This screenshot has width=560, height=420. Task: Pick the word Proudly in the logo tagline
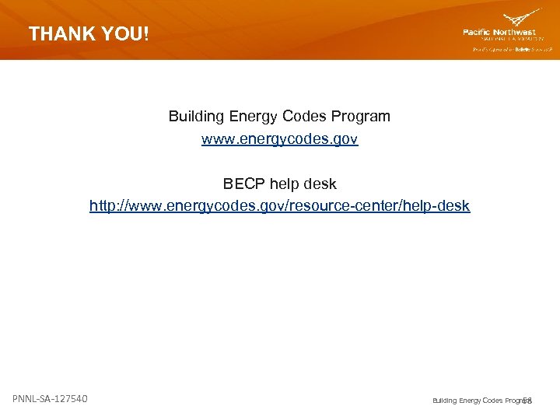point(483,48)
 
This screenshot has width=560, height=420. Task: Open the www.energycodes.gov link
point(279,139)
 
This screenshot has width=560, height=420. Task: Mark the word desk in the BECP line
point(320,184)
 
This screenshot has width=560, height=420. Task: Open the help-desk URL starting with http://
point(279,206)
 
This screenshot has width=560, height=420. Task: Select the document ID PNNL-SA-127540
point(50,399)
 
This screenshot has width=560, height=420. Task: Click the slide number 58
point(527,401)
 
